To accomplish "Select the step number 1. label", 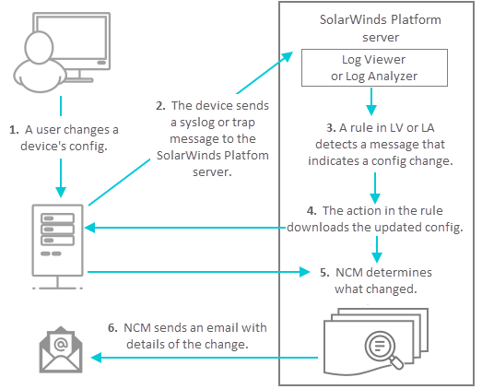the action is (x=14, y=130).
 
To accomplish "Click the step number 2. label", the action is (x=160, y=106).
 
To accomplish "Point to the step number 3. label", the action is (x=331, y=127).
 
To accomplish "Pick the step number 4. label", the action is (x=312, y=211).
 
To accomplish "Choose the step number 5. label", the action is (x=324, y=273).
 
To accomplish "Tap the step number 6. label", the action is (x=112, y=328).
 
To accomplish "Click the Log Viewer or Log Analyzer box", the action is (x=374, y=67).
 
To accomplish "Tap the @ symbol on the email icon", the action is (x=61, y=344).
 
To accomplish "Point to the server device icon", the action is (x=58, y=247).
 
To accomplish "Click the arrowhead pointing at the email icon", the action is (x=96, y=358).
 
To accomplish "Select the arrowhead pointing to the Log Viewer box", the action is (x=287, y=57).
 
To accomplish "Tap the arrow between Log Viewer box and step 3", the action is (x=371, y=101).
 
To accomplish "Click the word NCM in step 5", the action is (x=348, y=273).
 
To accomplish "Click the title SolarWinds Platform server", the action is (x=381, y=29).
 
